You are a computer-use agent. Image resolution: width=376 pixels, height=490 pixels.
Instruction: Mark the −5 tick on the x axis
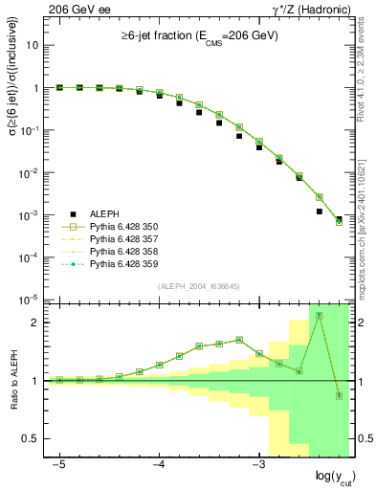point(59,463)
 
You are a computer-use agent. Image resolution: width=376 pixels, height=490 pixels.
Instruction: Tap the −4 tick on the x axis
point(159,463)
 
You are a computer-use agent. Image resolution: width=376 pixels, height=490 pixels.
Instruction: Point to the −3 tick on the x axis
point(258,463)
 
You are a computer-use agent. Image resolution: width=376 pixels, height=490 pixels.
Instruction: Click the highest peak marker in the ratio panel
point(319,315)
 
